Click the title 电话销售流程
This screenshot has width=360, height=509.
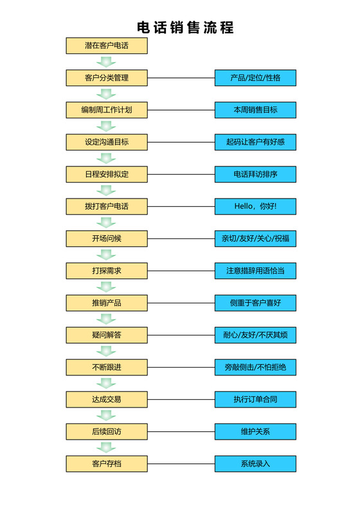[x=186, y=27]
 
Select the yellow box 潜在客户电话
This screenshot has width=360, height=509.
[x=107, y=46]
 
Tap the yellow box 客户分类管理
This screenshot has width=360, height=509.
[x=107, y=78]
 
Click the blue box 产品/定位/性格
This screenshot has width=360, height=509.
[x=255, y=78]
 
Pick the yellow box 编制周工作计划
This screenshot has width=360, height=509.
[x=107, y=110]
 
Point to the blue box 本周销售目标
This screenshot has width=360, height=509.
[x=255, y=110]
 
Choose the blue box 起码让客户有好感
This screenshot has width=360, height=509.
[x=255, y=142]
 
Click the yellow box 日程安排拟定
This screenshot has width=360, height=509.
[x=107, y=174]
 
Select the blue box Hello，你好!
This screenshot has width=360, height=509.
[x=255, y=206]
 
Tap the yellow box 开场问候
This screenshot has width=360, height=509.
[x=107, y=238]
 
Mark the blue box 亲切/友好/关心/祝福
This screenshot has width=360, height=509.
[x=255, y=238]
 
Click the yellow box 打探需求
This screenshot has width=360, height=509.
[x=107, y=271]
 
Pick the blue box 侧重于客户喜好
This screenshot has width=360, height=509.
[x=255, y=303]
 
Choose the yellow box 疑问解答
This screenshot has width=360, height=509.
[x=107, y=335]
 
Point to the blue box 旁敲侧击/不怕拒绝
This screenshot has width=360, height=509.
[x=255, y=367]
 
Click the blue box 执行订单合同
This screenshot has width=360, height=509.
[x=255, y=399]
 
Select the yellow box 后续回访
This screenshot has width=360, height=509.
[x=107, y=431]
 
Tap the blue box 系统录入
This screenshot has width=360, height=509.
[x=255, y=463]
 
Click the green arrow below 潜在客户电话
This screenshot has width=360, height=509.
[x=106, y=62]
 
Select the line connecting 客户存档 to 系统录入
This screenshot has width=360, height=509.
[x=181, y=463]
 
